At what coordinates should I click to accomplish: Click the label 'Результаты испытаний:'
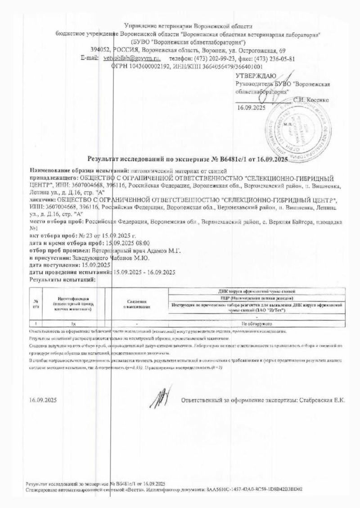[x=63, y=280]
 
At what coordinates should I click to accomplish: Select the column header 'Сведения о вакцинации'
[x=137, y=304]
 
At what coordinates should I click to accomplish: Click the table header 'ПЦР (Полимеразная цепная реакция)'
[x=256, y=298]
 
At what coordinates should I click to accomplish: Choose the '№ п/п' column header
[x=36, y=304]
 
